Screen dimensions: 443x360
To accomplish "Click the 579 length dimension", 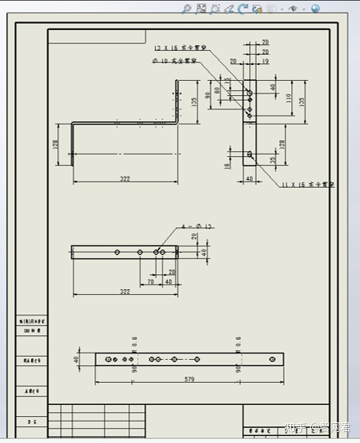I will click(x=189, y=380).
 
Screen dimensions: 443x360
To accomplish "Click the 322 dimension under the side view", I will click(x=124, y=178).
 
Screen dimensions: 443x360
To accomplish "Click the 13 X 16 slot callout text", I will click(x=180, y=48).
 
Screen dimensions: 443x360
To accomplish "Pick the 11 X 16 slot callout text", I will click(x=307, y=184).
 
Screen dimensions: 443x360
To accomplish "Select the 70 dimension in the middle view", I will click(x=150, y=281).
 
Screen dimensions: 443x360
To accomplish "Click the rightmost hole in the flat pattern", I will click(x=272, y=359).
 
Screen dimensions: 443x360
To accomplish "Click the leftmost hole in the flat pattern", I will click(x=108, y=359).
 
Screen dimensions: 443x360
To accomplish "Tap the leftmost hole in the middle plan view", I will click(x=117, y=252).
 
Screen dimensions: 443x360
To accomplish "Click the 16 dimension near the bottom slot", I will click(x=228, y=165).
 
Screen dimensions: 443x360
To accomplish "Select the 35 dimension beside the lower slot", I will click(x=274, y=160).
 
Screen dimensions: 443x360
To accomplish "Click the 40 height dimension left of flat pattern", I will click(x=77, y=359).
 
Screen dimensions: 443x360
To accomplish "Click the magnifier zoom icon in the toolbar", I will click(x=186, y=9).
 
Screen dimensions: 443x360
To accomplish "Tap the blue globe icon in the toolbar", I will click(x=315, y=9).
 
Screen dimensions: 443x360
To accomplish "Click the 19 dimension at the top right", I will click(x=265, y=60).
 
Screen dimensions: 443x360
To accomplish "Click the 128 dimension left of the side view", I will click(x=56, y=144).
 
